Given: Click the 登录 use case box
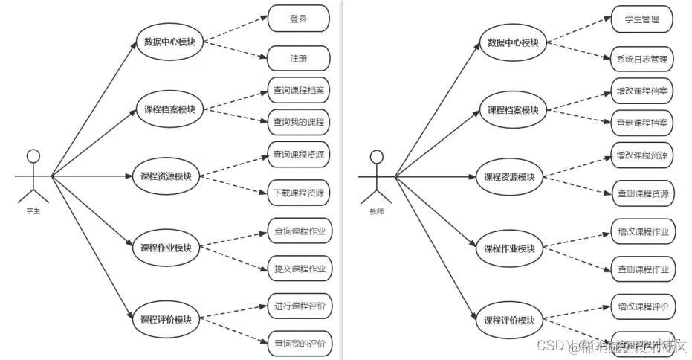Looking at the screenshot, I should pos(298,19).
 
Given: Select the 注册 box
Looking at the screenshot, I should pos(298,58).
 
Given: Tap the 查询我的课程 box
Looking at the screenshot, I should pos(298,121).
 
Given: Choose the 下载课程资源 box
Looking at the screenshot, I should pos(298,193).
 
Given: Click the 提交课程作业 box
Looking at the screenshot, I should pos(298,269).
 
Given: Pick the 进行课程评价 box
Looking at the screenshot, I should pos(298,306).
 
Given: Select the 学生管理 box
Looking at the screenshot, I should pos(642,19).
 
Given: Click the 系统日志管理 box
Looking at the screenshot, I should pos(642,59).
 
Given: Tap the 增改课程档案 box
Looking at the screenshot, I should pos(642,91).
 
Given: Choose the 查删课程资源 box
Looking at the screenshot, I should pos(642,193).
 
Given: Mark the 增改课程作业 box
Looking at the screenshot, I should pos(642,232).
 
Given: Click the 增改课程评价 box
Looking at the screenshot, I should pos(642,306).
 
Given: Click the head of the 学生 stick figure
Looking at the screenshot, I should pos(33,155).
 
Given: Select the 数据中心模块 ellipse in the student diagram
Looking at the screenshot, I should pos(169,42).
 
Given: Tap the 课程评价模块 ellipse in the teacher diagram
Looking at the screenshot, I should pos(510,321).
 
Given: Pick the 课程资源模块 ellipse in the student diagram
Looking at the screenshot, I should pos(166,176).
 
